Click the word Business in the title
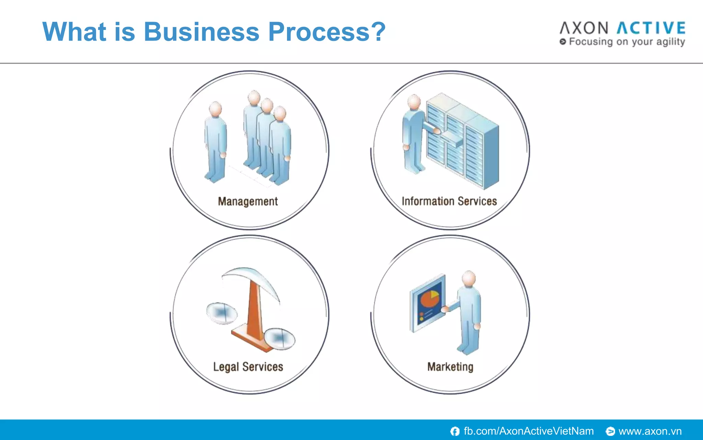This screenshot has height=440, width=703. (201, 32)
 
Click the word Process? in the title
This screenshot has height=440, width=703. (327, 32)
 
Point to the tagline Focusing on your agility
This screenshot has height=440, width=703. (626, 42)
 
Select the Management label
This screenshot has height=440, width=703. (248, 201)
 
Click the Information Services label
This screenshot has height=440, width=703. (449, 201)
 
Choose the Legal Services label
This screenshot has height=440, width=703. (248, 367)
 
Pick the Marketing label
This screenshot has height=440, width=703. (450, 367)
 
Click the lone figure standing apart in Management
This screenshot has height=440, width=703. (215, 141)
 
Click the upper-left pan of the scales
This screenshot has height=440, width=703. (222, 313)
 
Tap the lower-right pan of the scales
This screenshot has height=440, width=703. (279, 339)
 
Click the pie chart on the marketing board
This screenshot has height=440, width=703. (429, 298)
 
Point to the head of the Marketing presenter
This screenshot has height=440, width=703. (469, 278)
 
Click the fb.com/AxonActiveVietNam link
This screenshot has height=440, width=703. (528, 431)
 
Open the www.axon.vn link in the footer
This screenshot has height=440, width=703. (650, 431)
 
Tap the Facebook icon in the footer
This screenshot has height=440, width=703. (455, 431)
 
